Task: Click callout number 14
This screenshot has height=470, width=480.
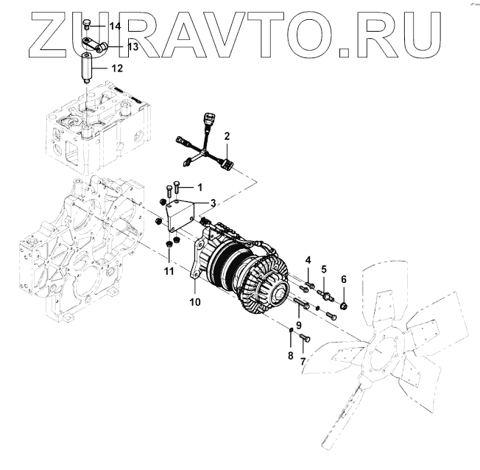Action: point(115,27)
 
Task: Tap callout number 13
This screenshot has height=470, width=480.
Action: point(132,46)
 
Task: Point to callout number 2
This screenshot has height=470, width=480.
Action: point(227,136)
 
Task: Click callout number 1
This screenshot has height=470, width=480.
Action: point(198,187)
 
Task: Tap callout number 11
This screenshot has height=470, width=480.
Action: point(169,272)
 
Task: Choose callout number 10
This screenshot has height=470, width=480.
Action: point(194,302)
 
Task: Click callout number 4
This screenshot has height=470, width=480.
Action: point(308,259)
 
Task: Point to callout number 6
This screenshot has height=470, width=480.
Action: point(343,278)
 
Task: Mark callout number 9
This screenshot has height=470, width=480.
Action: point(299,325)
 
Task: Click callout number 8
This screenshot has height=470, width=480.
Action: point(290,355)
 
